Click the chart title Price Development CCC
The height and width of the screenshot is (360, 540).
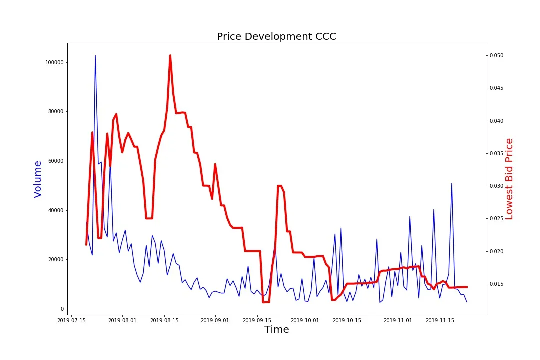point(276,37)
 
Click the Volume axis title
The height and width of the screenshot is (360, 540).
point(38,179)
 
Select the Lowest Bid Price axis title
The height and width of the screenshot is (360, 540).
point(509,179)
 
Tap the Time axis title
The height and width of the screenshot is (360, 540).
point(276,329)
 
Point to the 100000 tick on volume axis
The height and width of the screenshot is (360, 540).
point(54,62)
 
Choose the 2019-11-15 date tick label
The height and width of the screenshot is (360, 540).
point(440,320)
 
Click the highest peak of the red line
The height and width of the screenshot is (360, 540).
point(170,55)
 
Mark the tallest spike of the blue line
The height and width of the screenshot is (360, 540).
point(95,55)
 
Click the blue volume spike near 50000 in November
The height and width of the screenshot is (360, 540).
point(452,183)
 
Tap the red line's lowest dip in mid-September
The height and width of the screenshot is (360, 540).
point(266,302)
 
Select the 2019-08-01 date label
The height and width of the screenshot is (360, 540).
point(122,320)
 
